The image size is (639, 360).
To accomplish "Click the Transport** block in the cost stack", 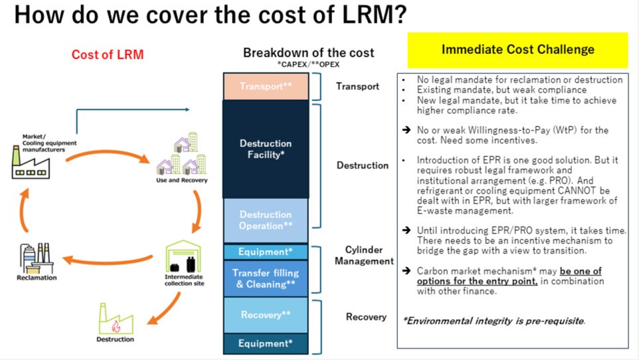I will click(x=266, y=86).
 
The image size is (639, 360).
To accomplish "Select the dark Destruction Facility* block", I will click(x=266, y=149).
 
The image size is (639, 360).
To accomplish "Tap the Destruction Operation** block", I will click(x=266, y=220).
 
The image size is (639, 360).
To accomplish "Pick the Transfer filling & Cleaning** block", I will click(x=266, y=278).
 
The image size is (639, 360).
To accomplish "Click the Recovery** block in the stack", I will click(x=266, y=315).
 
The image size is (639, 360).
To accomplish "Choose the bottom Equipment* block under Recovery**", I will click(x=266, y=343).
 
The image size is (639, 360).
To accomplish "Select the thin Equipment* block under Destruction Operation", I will click(x=266, y=252).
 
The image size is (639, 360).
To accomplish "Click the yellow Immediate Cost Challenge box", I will click(x=517, y=50).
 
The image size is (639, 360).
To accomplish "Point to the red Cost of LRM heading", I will click(x=107, y=54).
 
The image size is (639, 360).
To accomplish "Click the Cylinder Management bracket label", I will click(x=369, y=255).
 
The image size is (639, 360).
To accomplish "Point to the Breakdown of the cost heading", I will click(x=308, y=52).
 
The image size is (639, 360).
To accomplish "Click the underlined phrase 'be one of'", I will click(x=581, y=270).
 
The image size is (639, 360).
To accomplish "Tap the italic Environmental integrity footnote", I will click(x=494, y=321).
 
